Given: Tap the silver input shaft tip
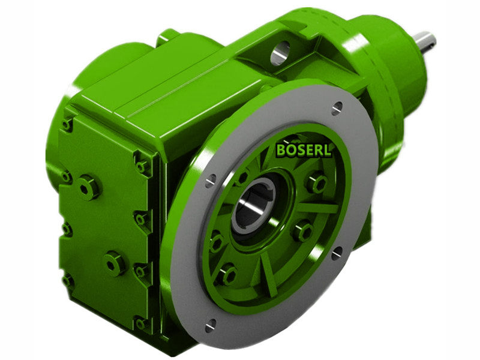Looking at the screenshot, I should [427, 41].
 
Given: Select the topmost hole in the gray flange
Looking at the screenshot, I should [337, 109].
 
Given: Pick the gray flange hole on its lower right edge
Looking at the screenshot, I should [337, 253].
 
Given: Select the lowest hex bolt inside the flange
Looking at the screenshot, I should [226, 274].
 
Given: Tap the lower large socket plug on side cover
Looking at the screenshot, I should [114, 262].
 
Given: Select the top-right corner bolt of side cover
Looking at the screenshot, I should [143, 165].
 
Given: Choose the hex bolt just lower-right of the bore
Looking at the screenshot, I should [302, 230].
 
